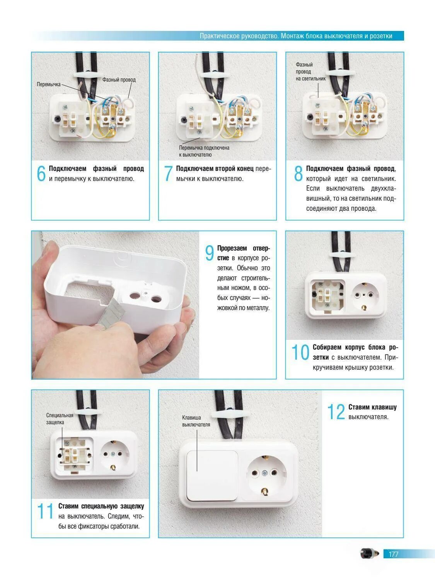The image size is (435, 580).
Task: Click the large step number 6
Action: [x=41, y=174]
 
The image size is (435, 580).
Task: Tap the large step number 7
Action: [x=168, y=174]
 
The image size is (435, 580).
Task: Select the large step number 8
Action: [x=298, y=174]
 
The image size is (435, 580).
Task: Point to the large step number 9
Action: [x=210, y=253]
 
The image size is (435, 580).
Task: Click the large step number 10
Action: [x=300, y=352]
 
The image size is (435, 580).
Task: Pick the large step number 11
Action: [x=45, y=511]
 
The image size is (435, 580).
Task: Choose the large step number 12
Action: [x=336, y=412]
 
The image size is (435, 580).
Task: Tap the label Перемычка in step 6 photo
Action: [x=49, y=84]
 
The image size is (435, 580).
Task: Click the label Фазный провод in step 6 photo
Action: [x=119, y=80]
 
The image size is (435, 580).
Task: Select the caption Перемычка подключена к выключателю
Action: [x=204, y=151]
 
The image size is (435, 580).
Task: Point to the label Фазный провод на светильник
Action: [x=310, y=72]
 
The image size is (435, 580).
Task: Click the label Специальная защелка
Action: [x=60, y=419]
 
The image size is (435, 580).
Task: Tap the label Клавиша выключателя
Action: [x=196, y=421]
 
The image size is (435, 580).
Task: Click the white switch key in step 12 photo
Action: [x=212, y=476]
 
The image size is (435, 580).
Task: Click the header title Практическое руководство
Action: [x=239, y=36]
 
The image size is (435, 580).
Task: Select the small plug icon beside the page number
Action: [x=370, y=553]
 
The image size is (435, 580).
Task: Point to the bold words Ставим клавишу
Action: [x=372, y=407]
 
